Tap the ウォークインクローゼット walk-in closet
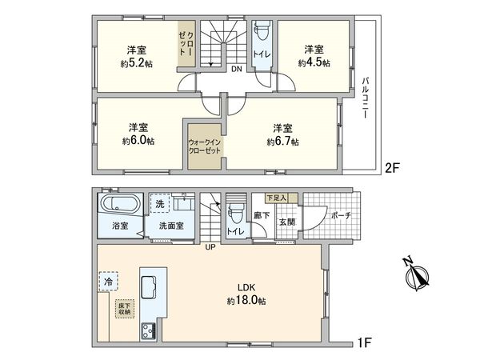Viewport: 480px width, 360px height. (204, 146)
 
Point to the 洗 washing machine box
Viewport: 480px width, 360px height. (162, 203)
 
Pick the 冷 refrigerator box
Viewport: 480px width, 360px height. (108, 282)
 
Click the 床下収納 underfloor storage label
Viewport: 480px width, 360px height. (125, 307)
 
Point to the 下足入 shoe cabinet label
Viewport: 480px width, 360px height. (276, 196)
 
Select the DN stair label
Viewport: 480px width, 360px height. (237, 70)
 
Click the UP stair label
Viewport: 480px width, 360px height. (210, 246)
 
